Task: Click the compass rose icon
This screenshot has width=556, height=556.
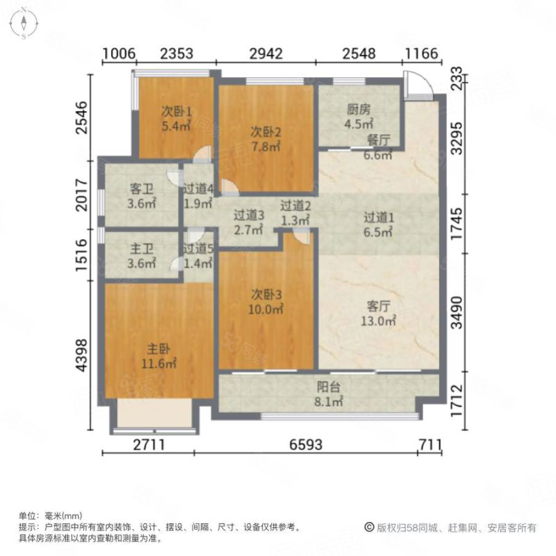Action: coord(24,24)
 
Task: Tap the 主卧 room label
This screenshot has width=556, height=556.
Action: coord(158,350)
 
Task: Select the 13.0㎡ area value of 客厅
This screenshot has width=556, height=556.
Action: coord(378,321)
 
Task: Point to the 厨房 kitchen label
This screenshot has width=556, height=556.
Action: coord(359,110)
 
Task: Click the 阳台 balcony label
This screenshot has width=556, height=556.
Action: coord(328,387)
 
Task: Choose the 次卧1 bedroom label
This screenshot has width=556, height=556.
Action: coord(177,112)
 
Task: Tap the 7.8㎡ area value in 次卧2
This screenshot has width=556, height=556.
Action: coord(266,147)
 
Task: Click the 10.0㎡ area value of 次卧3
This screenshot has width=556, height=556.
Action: coord(266,309)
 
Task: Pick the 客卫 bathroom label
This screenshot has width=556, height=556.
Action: coord(142,188)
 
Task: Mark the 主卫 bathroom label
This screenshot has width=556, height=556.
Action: coord(142,249)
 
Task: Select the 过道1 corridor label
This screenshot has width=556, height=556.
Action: coord(379,217)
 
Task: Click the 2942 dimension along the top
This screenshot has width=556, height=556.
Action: coord(266,54)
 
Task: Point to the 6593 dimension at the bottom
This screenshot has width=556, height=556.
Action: coord(306,444)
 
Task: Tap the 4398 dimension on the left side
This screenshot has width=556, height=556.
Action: coord(81,355)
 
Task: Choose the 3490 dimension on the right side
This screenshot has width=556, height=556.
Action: coord(457,313)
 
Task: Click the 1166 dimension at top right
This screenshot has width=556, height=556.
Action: coord(422,54)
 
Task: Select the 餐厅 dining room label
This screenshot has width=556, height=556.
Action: coord(378,140)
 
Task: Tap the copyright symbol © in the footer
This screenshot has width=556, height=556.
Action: coord(370,528)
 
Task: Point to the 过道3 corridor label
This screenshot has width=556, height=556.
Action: coord(249,215)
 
